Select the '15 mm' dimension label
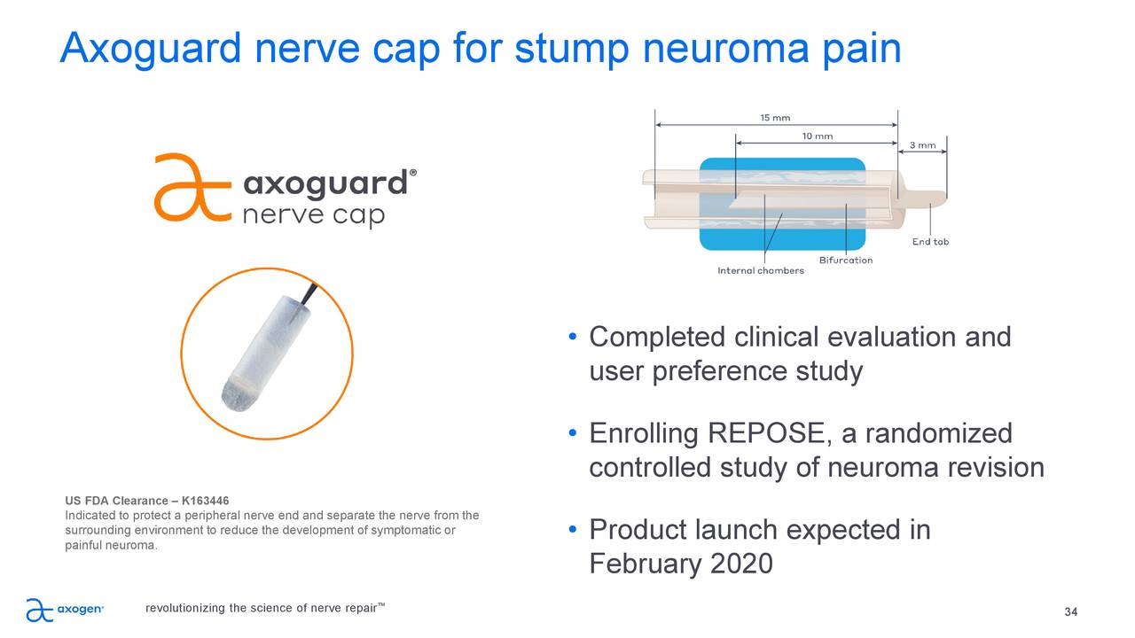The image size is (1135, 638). pyautogui.click(x=775, y=117)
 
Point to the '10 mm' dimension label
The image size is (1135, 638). pyautogui.click(x=817, y=136)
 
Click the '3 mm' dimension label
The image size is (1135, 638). pyautogui.click(x=922, y=145)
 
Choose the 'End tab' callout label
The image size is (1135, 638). pyautogui.click(x=930, y=242)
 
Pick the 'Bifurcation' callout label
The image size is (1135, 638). pyautogui.click(x=845, y=260)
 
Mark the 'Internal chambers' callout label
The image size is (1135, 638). pyautogui.click(x=760, y=270)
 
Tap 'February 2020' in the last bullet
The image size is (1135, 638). pyautogui.click(x=680, y=564)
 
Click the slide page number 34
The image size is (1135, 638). pyautogui.click(x=1070, y=613)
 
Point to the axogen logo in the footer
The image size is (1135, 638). pyautogui.click(x=65, y=610)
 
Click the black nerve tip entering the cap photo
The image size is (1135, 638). pyautogui.click(x=309, y=294)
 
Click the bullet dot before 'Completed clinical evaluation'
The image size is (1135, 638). pyautogui.click(x=574, y=338)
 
